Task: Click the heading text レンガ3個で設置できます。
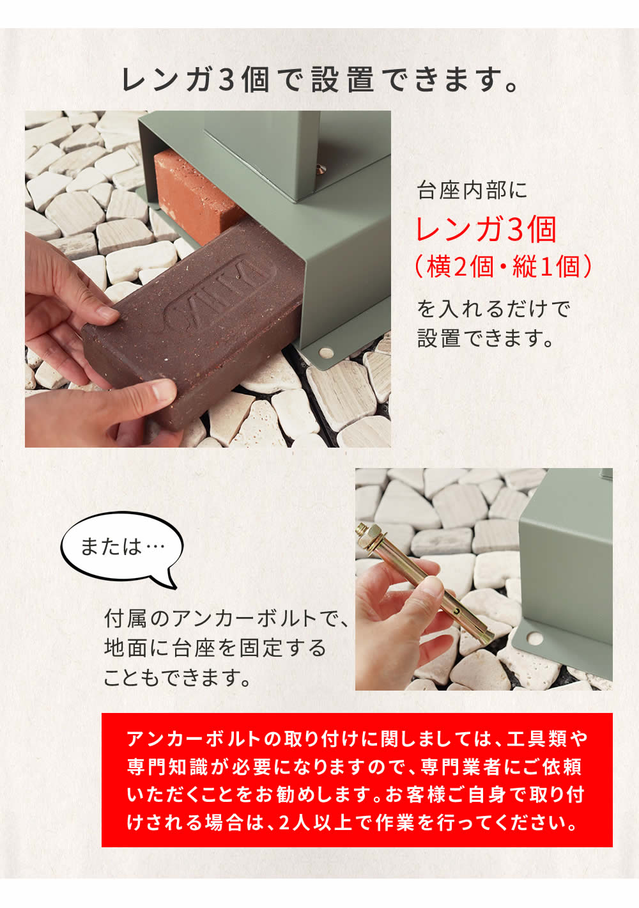319,79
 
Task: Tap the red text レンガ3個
486,230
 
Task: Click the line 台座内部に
472,191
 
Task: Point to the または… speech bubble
121,547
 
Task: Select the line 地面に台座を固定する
215,648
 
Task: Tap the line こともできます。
178,677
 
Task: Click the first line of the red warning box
357,739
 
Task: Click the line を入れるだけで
493,309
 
